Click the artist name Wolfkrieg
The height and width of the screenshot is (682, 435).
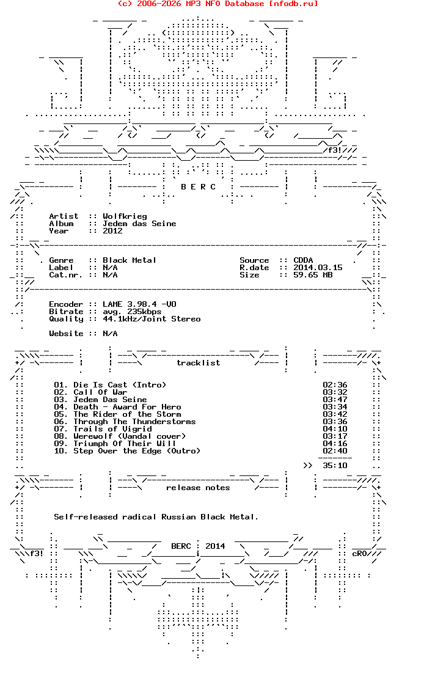pos(125,216)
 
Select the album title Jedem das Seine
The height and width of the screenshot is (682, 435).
pos(139,224)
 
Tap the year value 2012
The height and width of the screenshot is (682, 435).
pos(112,231)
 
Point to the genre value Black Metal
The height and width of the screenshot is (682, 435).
pos(130,260)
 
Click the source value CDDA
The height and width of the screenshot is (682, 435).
pos(303,260)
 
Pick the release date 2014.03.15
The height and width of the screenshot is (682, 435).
pos(318,268)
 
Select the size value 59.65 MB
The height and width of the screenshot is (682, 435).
pos(313,275)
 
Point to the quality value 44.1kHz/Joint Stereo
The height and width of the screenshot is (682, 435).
pos(152,319)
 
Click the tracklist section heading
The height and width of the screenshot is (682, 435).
pos(198,363)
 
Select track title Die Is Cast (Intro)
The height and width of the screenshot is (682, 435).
pos(120,385)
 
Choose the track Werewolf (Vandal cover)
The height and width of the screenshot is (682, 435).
pos(130,436)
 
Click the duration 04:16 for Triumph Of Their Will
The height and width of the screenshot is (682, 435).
pos(335,444)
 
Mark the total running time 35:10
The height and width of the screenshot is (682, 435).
pos(335,466)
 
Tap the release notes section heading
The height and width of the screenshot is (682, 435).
pos(198,488)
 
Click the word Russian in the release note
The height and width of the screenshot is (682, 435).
pos(178,517)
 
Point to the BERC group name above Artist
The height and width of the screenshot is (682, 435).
pos(198,187)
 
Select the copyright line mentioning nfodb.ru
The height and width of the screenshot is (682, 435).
pos(217,4)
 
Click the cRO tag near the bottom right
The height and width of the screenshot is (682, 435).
pos(359,554)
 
